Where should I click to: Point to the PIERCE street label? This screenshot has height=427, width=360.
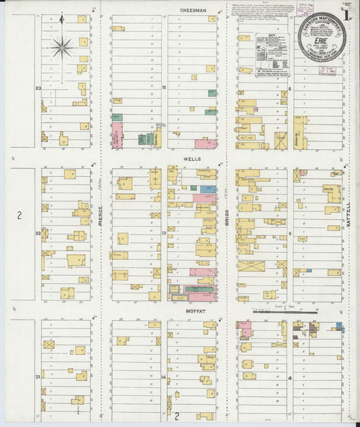(x=100, y=216)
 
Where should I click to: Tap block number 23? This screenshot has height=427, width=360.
(x=39, y=89)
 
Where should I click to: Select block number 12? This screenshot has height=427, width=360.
(x=164, y=88)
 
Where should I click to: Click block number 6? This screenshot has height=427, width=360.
(x=289, y=89)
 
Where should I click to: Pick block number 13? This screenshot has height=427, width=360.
(x=163, y=233)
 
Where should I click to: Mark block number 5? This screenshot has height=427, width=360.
(x=289, y=234)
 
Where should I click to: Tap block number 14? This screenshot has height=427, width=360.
(x=163, y=376)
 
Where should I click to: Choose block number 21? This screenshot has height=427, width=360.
(x=38, y=376)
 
